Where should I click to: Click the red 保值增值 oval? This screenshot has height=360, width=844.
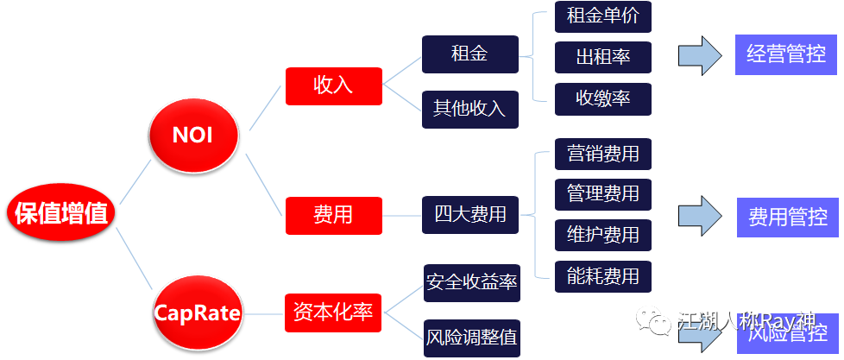pos(61,212)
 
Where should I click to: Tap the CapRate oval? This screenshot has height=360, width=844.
pos(197,311)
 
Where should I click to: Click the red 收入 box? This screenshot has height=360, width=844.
pos(333,85)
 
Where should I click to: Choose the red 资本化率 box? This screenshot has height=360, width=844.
pos(333,312)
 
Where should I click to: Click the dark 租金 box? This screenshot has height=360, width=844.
pos(469,54)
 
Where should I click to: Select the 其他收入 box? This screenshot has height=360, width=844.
pos(469,109)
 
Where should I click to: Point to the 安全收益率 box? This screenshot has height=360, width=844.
pos(471,282)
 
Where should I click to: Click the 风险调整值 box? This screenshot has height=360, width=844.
pos(471,338)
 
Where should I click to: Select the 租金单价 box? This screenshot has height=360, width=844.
pos(602,16)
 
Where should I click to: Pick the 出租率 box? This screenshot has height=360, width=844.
pos(602,58)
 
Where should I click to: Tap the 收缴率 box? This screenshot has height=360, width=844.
pos(602,98)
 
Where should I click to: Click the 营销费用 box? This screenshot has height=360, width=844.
pos(602,154)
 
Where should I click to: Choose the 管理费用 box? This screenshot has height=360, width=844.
pos(602,194)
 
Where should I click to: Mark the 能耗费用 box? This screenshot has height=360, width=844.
pos(602,276)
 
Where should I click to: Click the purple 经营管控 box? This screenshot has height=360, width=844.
pos(785,55)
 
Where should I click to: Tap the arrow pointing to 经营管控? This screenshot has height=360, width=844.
pos(699,56)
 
